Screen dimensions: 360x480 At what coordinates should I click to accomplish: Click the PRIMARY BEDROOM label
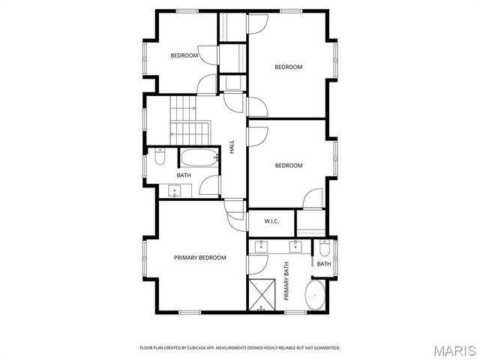coord(200,258)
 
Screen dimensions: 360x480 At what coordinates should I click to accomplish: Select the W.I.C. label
coord(271,221)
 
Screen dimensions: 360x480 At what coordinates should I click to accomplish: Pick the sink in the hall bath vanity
coord(173,191)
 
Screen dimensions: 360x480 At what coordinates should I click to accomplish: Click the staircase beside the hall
coord(184,120)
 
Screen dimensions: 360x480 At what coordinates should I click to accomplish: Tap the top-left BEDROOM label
coord(184,55)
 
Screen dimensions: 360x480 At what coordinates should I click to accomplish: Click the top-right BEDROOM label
coord(288,67)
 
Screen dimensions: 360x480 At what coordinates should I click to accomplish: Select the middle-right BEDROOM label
coord(288,165)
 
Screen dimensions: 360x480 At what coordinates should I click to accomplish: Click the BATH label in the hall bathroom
coord(184,175)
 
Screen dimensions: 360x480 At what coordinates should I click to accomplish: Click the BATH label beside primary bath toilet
coord(324,264)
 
